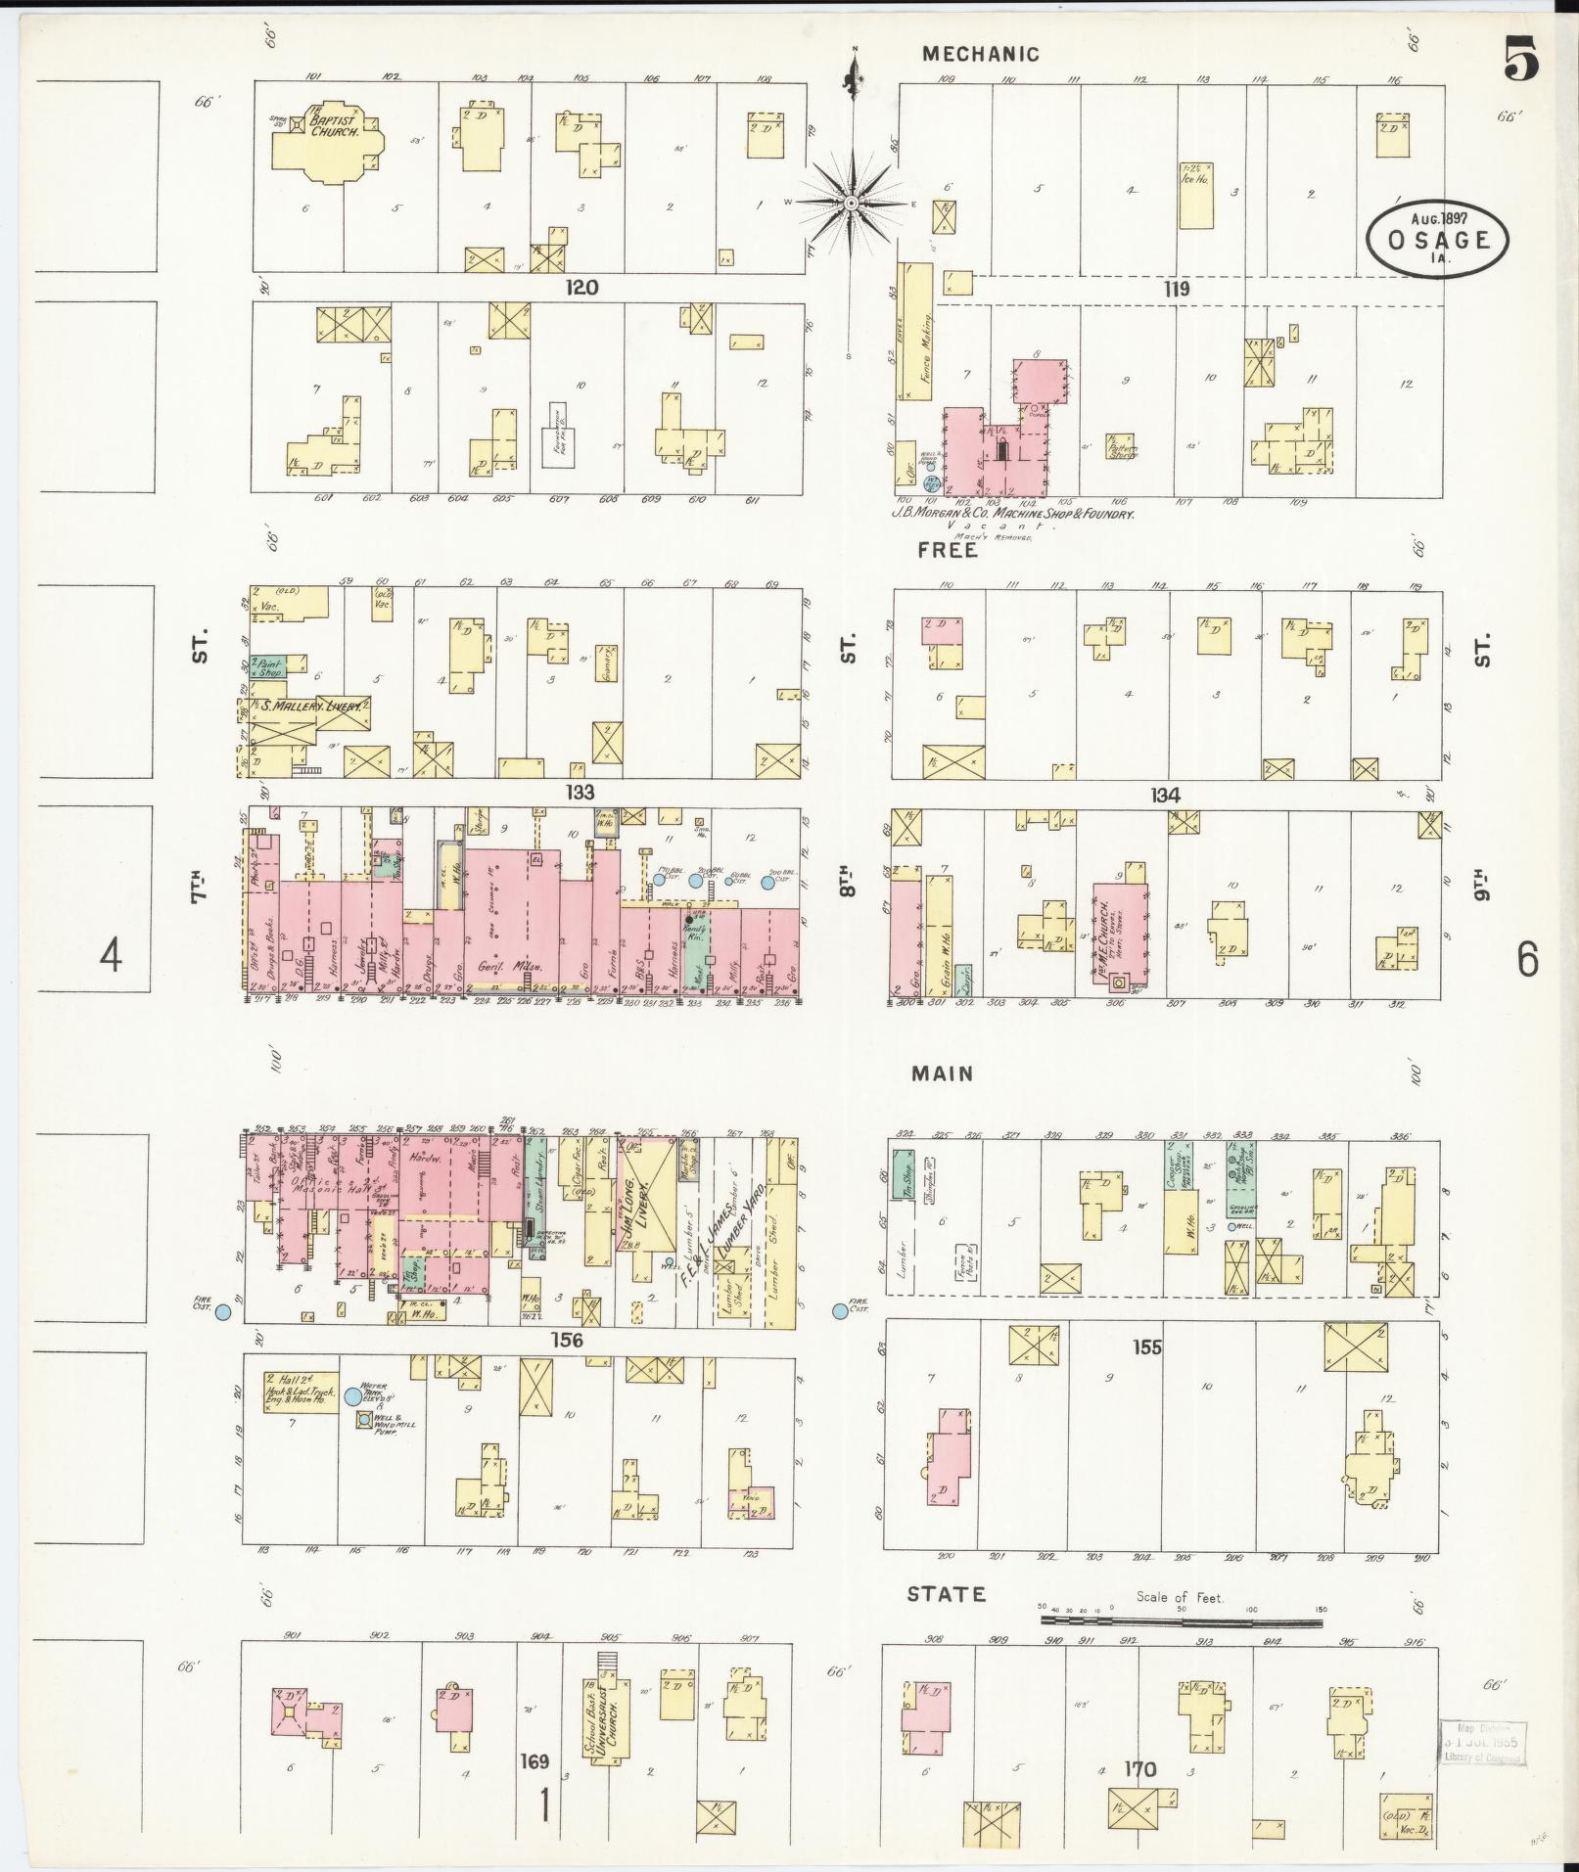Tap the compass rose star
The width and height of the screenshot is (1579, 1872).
click(852, 203)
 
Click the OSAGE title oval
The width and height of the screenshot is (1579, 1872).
click(1438, 240)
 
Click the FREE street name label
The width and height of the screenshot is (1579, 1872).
click(947, 550)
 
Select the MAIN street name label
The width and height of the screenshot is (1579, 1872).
click(942, 1073)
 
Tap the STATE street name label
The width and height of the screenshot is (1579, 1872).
click(946, 1594)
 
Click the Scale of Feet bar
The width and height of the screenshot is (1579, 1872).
click(1181, 1623)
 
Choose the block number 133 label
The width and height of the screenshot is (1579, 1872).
click(580, 792)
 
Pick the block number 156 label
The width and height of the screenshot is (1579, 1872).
click(567, 1340)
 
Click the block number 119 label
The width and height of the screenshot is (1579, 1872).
click(1176, 289)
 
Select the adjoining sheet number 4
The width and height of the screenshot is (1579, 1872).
click(112, 954)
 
